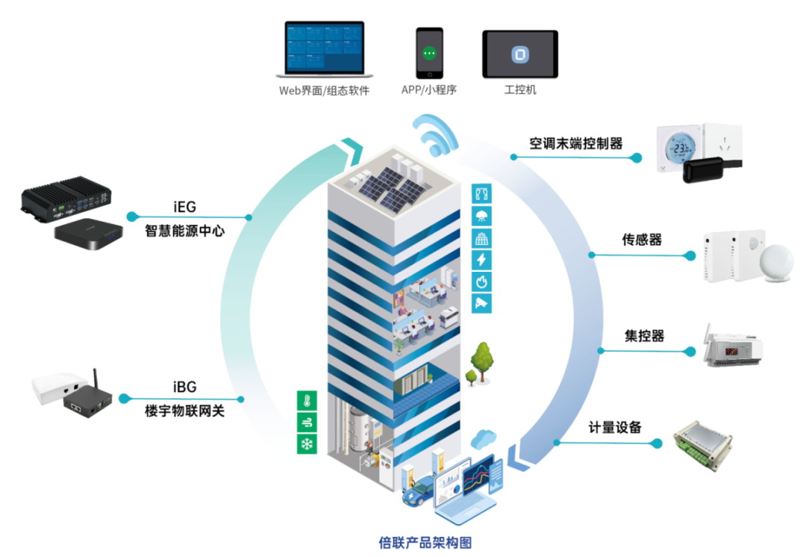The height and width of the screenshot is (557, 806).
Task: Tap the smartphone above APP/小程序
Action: click(x=429, y=53)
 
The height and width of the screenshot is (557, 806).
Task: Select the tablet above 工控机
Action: click(x=519, y=54)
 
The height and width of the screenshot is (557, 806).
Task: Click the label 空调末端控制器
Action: click(x=576, y=143)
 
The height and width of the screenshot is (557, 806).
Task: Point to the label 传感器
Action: click(x=643, y=240)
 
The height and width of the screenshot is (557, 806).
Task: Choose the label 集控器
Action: click(x=644, y=336)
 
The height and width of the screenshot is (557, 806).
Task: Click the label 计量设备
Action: click(x=615, y=428)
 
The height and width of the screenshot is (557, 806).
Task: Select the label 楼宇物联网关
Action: click(x=184, y=410)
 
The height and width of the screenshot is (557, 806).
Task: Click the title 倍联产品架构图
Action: click(x=425, y=543)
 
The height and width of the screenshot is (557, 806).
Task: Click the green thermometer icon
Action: click(x=307, y=400)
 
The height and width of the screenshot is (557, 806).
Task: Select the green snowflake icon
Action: click(x=307, y=444)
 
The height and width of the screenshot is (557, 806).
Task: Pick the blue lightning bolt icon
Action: click(x=481, y=260)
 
